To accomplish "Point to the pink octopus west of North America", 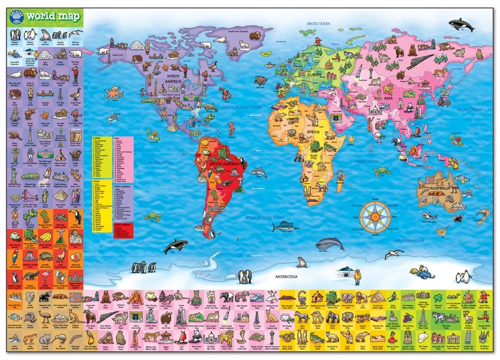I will [x=114, y=93].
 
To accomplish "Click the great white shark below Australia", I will [x=430, y=216].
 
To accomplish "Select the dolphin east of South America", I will [x=258, y=173].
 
